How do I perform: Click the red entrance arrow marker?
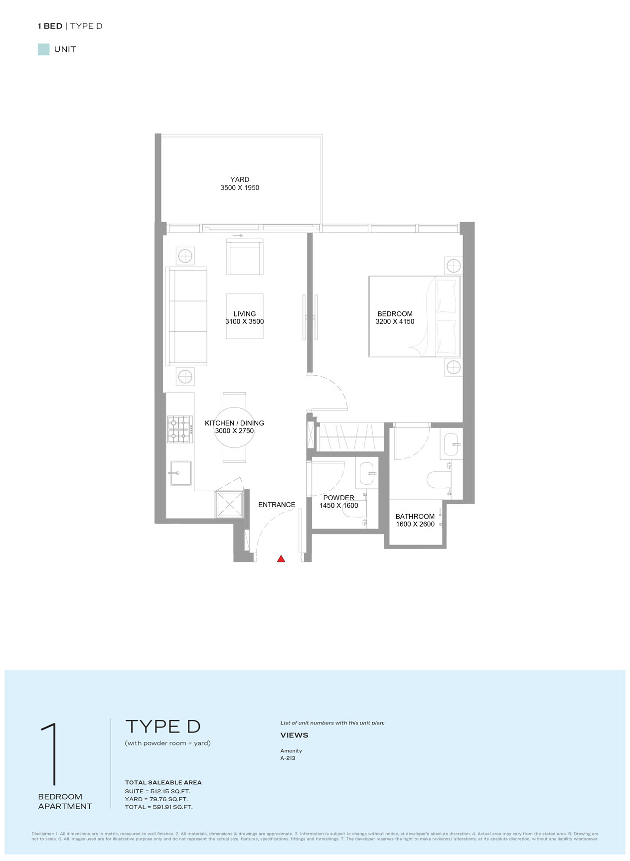tap(281, 559)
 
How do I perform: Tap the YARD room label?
tap(240, 179)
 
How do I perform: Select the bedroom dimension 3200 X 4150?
tap(395, 322)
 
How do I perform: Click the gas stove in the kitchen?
tap(180, 429)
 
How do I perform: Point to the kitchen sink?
tap(180, 473)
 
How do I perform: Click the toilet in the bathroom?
tap(439, 480)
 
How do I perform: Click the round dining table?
tap(234, 428)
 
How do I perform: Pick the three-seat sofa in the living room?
tap(186, 316)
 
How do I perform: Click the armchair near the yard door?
tap(245, 257)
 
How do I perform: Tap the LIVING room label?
tap(245, 314)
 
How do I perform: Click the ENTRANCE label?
tap(277, 505)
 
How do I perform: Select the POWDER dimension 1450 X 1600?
tap(339, 506)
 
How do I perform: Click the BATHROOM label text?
tap(415, 517)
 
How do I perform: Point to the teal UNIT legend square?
tap(44, 49)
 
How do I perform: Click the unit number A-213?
tap(288, 758)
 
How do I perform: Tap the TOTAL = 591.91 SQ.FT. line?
tap(158, 807)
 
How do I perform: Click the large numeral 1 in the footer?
tap(50, 755)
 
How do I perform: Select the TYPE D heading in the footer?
tap(163, 726)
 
